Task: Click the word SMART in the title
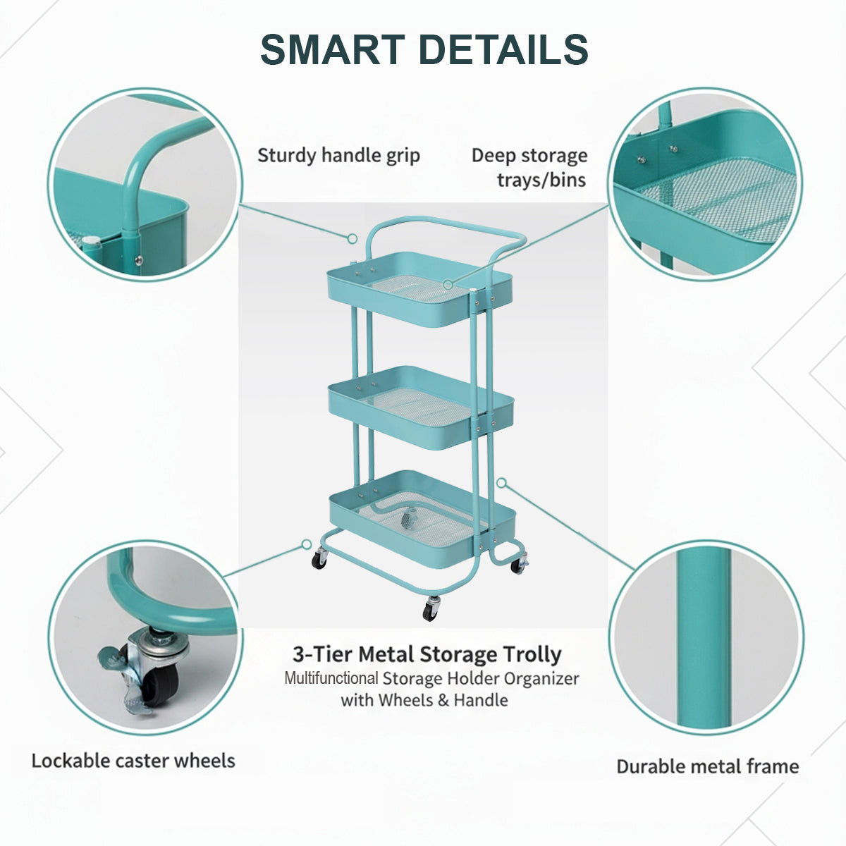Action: (x=332, y=49)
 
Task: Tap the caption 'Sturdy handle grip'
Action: (x=338, y=156)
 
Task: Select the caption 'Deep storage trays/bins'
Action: (x=529, y=168)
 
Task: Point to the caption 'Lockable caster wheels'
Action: (x=133, y=761)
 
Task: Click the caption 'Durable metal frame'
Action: (x=708, y=766)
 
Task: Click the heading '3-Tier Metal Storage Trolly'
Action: (x=427, y=654)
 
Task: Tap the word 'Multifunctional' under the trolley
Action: (x=331, y=678)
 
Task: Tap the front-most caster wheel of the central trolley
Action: (x=431, y=609)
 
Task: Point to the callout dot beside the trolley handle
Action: (x=352, y=238)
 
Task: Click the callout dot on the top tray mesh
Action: (x=448, y=285)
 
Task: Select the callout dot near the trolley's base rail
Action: (x=307, y=544)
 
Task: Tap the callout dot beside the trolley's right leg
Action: (x=501, y=483)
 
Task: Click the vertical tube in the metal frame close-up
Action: (x=704, y=637)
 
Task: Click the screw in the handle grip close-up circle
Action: (x=139, y=260)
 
